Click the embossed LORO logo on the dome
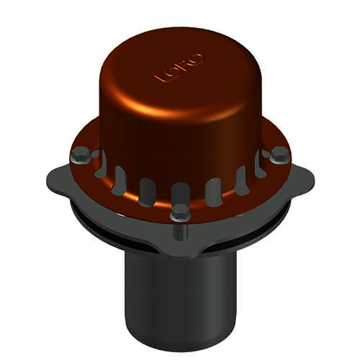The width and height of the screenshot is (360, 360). coord(179,68)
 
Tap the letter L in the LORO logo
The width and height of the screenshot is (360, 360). coord(160,77)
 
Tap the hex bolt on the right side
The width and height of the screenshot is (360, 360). coord(280,155)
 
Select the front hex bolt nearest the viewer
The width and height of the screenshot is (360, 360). coord(181,212)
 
